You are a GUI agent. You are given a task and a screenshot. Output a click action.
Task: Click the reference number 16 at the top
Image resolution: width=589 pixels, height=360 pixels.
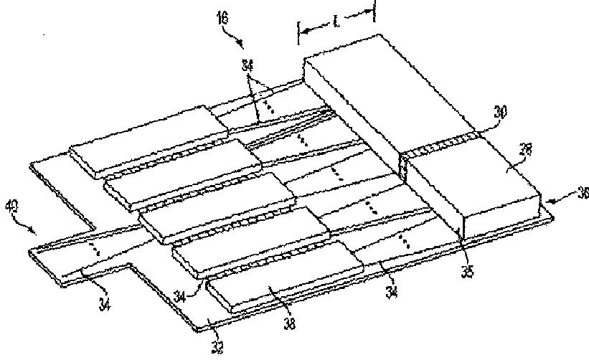(x=223, y=15)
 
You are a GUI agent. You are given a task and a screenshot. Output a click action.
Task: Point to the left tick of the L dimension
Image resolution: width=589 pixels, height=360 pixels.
(x=298, y=32)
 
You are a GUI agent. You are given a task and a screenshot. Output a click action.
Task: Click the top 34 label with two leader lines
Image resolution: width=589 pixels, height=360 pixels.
(x=248, y=65)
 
